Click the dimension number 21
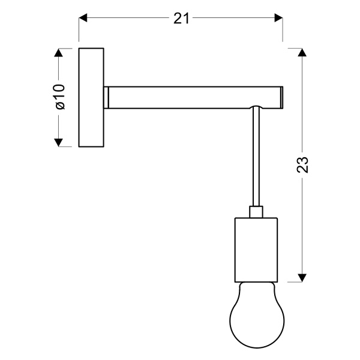click(x=182, y=19)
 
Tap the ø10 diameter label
click(x=59, y=97)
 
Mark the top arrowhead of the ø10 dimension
click(x=59, y=53)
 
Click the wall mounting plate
click(x=91, y=97)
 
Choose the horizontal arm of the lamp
click(x=192, y=97)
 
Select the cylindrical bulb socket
click(x=256, y=249)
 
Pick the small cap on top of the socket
click(x=256, y=211)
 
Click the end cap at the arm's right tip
click(x=281, y=97)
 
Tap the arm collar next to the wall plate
click(x=106, y=97)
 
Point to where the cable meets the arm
click(x=256, y=109)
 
